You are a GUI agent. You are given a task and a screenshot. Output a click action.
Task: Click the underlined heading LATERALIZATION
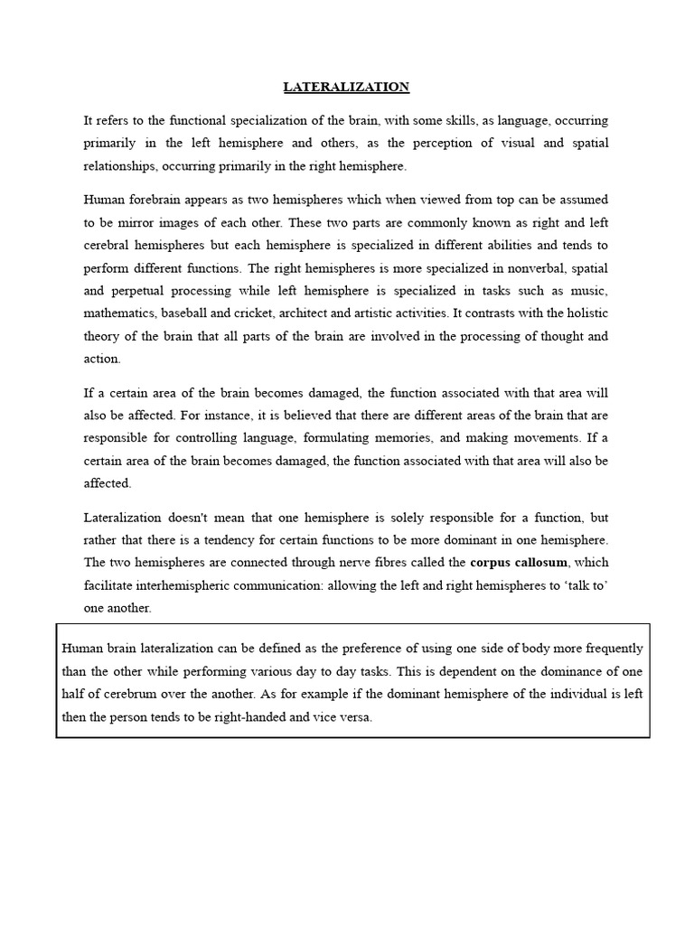coord(346,87)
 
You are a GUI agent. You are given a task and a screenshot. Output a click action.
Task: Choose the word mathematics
coord(117,313)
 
